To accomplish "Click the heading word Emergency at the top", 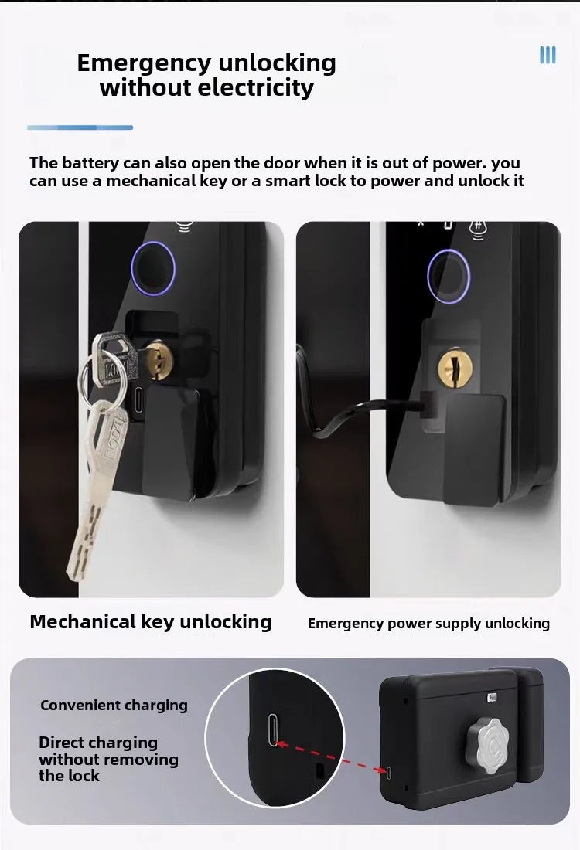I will (135, 63).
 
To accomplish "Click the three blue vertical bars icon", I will (548, 55).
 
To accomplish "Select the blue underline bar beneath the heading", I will (80, 127).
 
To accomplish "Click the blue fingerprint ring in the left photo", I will (152, 268).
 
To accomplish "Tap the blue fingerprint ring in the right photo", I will (449, 272).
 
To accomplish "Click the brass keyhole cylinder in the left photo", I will (159, 359).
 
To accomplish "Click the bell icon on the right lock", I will (478, 226).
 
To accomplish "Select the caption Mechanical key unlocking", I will (151, 622).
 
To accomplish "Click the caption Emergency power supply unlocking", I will (428, 624).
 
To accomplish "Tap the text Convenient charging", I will (114, 705).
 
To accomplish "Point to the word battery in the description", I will (92, 163).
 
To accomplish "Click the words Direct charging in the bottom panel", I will (98, 743).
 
